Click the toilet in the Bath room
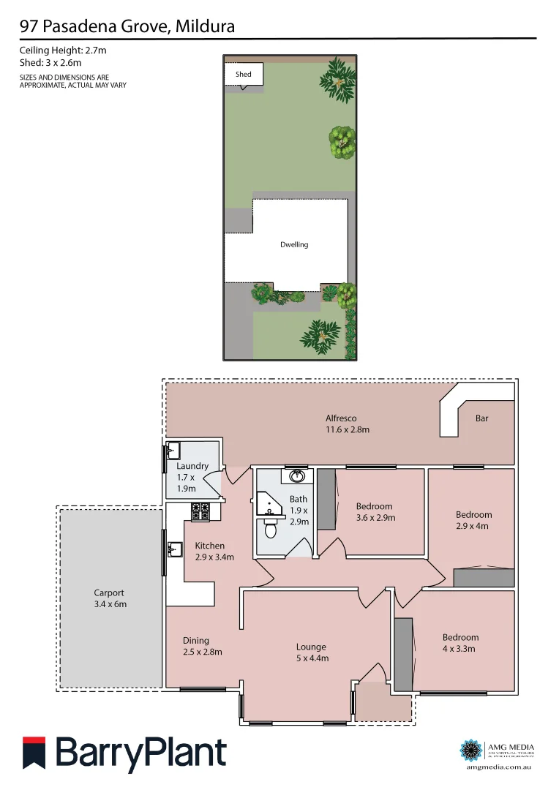coord(270,528)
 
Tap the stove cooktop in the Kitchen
coord(200,512)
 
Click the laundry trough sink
coord(174,451)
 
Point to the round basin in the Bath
coord(298,477)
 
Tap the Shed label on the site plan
coord(243,75)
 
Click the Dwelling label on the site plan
coord(294,244)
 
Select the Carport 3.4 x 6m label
coord(109,598)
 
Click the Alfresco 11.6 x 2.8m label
coord(348,424)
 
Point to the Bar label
coord(481,418)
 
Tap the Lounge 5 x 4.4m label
coord(312,652)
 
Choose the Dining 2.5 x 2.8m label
coord(202,646)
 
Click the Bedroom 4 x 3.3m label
coord(460,642)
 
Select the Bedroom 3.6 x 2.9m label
coord(375,511)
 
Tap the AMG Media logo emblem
coord(470,750)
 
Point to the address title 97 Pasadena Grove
coord(127,28)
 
